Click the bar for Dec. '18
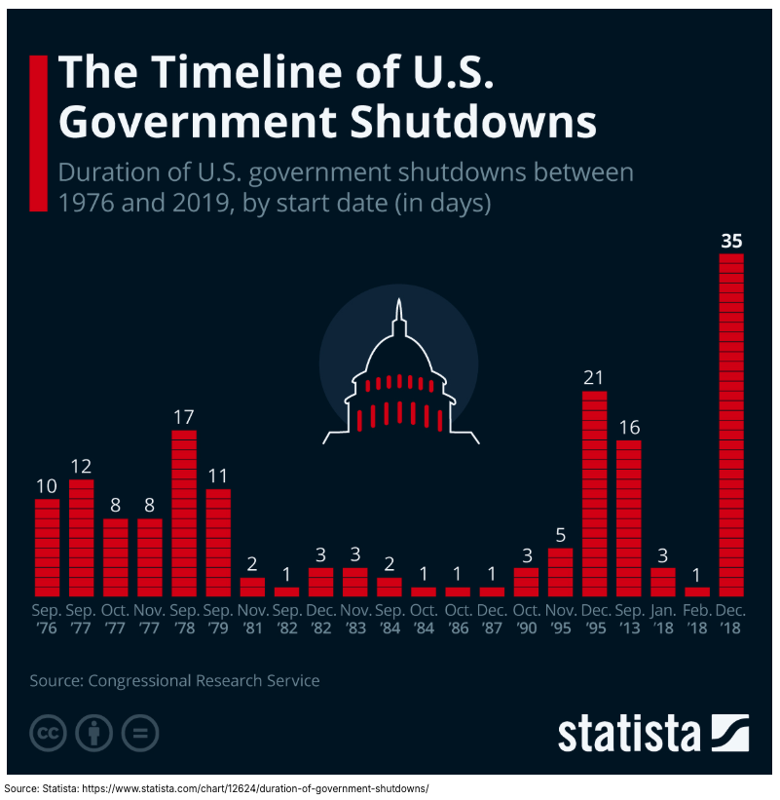pyautogui.click(x=731, y=425)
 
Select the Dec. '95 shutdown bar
pyautogui.click(x=595, y=493)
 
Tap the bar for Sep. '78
pyautogui.click(x=184, y=513)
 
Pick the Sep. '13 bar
pyautogui.click(x=629, y=517)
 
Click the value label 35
pyautogui.click(x=731, y=240)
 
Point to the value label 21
pyautogui.click(x=595, y=377)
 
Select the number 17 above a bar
pyautogui.click(x=184, y=416)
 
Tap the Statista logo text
pyautogui.click(x=629, y=732)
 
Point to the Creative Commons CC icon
pyautogui.click(x=48, y=733)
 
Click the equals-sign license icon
pyautogui.click(x=140, y=733)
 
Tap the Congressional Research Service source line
pyautogui.click(x=175, y=681)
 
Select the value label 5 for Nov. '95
pyautogui.click(x=560, y=534)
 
